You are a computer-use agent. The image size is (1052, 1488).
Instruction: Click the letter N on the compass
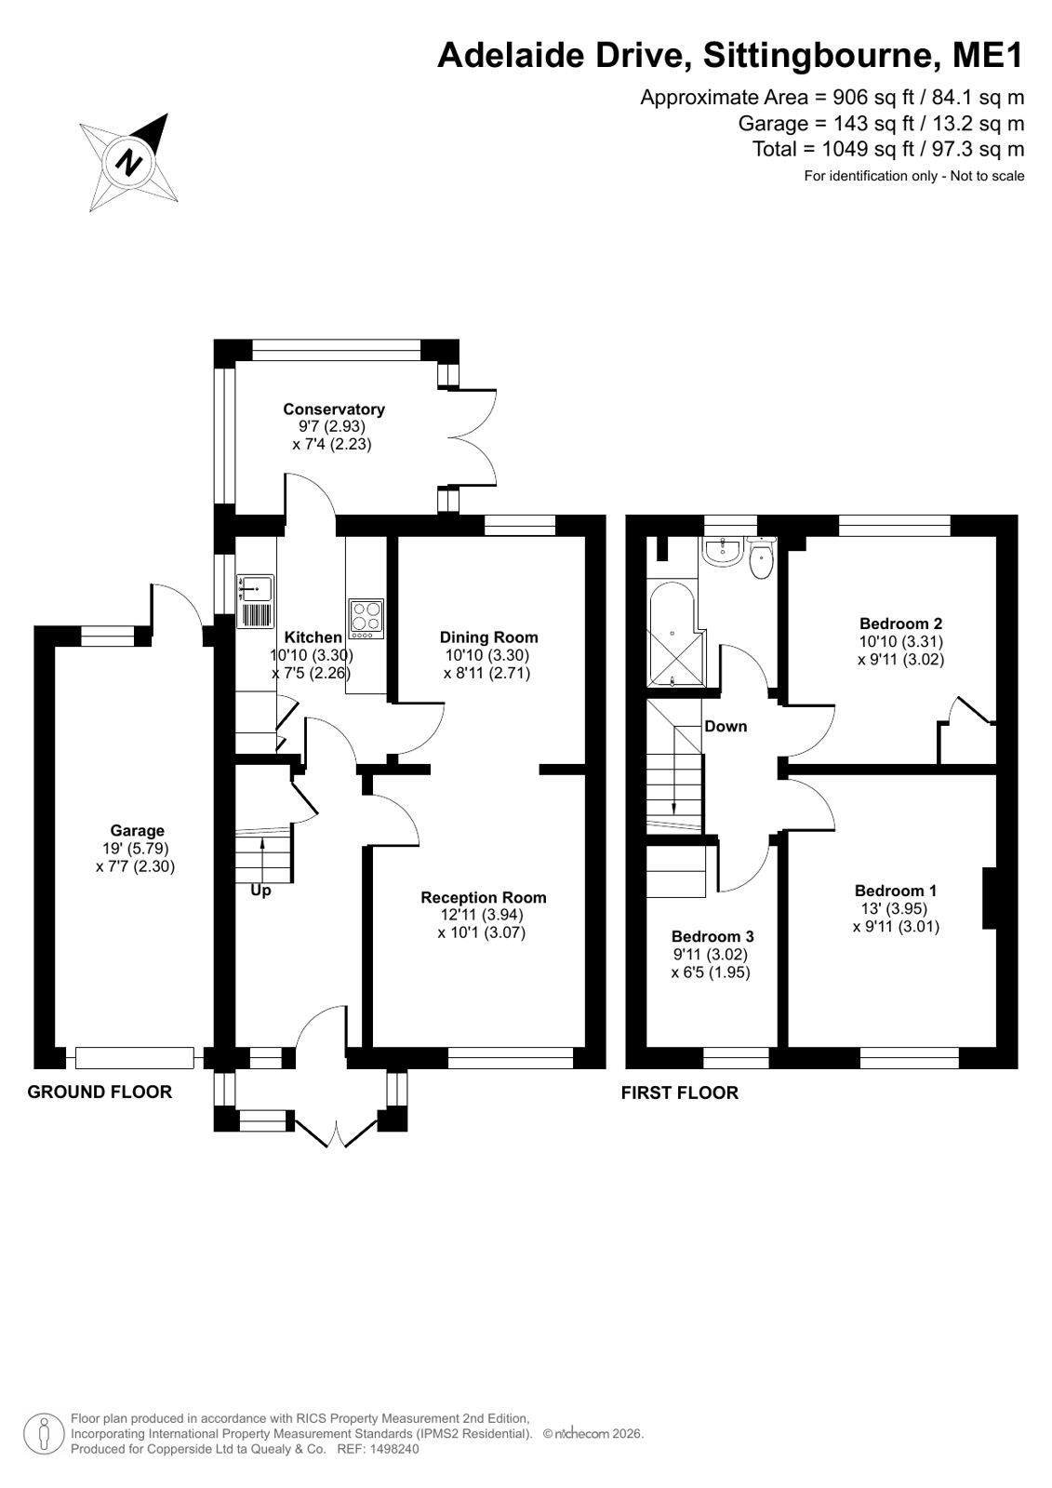[x=129, y=161]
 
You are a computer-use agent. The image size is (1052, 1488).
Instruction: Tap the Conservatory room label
[x=333, y=409]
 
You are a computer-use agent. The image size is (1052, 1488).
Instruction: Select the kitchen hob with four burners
[x=366, y=619]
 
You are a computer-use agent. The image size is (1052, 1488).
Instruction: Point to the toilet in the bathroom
[x=761, y=558]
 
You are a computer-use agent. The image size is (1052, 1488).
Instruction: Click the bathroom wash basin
[x=721, y=551]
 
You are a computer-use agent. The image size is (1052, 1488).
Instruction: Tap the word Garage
[x=137, y=830]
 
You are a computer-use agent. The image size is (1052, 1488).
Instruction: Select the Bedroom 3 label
[x=712, y=937]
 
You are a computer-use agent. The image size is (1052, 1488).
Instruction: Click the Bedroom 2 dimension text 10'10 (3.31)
[x=900, y=642]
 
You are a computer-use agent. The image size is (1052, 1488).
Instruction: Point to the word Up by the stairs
[x=260, y=891]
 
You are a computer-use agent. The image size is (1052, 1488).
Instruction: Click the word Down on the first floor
[x=726, y=726]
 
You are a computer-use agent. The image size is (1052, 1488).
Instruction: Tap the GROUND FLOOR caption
[x=100, y=1093]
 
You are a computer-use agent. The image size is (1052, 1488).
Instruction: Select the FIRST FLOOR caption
[x=679, y=1093]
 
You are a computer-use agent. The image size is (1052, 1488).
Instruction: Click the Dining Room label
[x=489, y=637]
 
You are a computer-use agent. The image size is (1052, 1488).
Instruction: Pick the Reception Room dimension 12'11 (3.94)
[x=482, y=915]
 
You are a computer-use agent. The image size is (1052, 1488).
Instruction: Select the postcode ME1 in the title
[x=988, y=55]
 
